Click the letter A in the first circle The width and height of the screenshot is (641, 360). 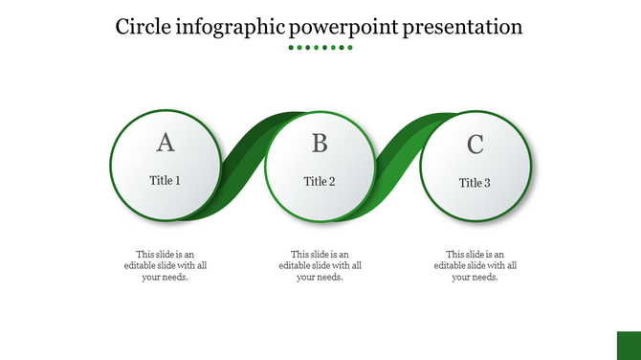coord(166,143)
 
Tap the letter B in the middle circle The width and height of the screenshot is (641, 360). coord(320,144)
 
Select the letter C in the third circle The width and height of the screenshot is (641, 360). coord(475,146)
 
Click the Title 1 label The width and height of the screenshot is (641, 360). coord(166,180)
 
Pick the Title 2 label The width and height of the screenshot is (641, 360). coord(320,181)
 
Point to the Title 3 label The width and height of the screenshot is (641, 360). coord(475,183)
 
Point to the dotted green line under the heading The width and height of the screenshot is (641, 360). coord(320,47)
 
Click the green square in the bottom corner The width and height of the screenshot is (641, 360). coord(628,346)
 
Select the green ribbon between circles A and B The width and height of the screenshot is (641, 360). coord(245,163)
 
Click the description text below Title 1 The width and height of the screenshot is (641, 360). coord(166,265)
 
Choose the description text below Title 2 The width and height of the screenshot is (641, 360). coord(320,265)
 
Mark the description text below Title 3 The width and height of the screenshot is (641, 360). coord(475,265)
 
